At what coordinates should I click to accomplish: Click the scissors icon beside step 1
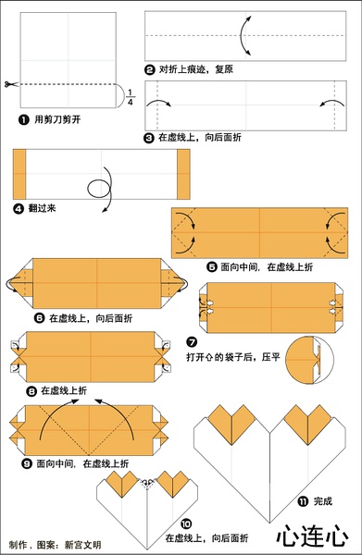11,84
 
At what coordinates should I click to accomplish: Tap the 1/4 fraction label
130,97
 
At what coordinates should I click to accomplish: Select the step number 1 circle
23,120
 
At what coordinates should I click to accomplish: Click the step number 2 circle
150,69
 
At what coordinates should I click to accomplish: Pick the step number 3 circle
149,138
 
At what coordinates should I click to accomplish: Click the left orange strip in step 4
19,174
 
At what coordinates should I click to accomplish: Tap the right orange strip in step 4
183,174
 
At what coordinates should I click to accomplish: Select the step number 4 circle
19,208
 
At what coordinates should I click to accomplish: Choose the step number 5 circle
211,267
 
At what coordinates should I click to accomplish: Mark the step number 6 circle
39,318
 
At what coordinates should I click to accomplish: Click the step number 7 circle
192,342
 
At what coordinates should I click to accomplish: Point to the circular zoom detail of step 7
309,361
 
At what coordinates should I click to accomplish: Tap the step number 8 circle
31,391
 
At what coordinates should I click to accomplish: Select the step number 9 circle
27,463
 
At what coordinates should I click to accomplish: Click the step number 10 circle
186,524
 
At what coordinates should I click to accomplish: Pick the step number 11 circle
303,501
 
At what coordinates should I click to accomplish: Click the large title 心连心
312,536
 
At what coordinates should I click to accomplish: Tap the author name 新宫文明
83,545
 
